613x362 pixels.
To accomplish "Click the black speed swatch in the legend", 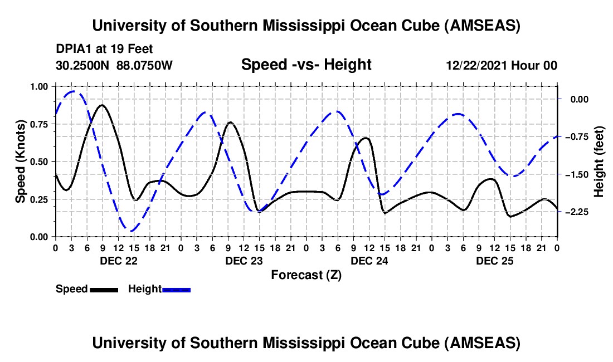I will (x=104, y=290).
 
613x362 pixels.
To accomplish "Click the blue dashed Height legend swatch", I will (x=176, y=290).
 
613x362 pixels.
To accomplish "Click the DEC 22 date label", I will (x=118, y=261).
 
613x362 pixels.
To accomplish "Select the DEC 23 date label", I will (x=244, y=261).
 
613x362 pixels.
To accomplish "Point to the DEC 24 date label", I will (x=369, y=261).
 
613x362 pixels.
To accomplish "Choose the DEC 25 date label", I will (x=494, y=261).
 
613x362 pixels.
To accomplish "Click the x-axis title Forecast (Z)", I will (x=306, y=275).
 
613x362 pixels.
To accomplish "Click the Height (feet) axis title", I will (x=599, y=162).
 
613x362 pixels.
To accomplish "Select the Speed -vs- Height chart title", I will (x=306, y=65).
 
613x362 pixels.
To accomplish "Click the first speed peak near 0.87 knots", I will (x=102, y=105).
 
